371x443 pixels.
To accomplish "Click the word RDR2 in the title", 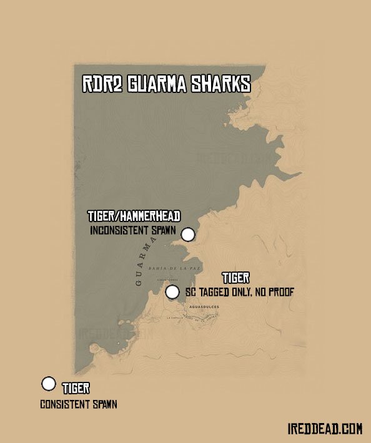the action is pyautogui.click(x=102, y=85).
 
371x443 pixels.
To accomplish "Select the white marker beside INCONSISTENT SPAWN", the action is pyautogui.click(x=187, y=235).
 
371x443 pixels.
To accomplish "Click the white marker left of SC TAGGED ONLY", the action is pyautogui.click(x=172, y=291).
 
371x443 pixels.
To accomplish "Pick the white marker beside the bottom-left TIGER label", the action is pyautogui.click(x=48, y=384).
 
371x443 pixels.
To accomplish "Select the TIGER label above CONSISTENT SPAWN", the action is pyautogui.click(x=76, y=389).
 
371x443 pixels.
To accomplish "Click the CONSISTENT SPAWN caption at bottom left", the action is pyautogui.click(x=79, y=404).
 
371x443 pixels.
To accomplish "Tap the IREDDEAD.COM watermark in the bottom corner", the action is pyautogui.click(x=325, y=429).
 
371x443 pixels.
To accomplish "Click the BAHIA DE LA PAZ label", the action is pyautogui.click(x=169, y=267).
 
